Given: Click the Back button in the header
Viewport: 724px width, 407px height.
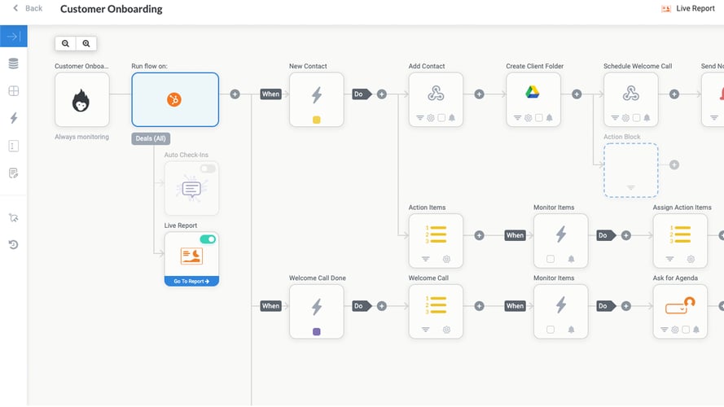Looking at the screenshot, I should (x=28, y=8).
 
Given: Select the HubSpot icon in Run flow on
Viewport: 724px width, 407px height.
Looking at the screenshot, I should (x=174, y=99).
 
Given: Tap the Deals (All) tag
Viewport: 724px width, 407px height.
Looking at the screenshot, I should (x=150, y=139).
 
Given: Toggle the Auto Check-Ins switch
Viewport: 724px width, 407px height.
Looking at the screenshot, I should (x=208, y=168).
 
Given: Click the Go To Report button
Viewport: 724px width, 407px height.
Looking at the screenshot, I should (x=191, y=281).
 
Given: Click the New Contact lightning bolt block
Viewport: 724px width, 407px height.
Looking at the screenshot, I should (x=317, y=95).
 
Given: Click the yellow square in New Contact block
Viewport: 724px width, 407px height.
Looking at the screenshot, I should (x=317, y=120).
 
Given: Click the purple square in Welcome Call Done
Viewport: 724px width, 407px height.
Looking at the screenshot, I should (x=317, y=331).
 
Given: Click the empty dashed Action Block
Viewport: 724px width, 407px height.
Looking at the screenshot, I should (x=630, y=169).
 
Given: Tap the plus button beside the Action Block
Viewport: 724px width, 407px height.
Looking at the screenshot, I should (x=674, y=165).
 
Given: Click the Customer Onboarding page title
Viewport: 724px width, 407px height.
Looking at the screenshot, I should (x=111, y=9).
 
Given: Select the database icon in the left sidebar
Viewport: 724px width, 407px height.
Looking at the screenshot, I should (x=13, y=63).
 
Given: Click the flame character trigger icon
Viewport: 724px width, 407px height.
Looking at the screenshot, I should (x=81, y=99).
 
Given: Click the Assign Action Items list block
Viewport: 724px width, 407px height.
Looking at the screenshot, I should (x=680, y=235).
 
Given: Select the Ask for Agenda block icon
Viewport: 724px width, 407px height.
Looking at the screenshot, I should (x=680, y=306).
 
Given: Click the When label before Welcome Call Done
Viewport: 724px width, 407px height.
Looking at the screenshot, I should (x=270, y=306).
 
